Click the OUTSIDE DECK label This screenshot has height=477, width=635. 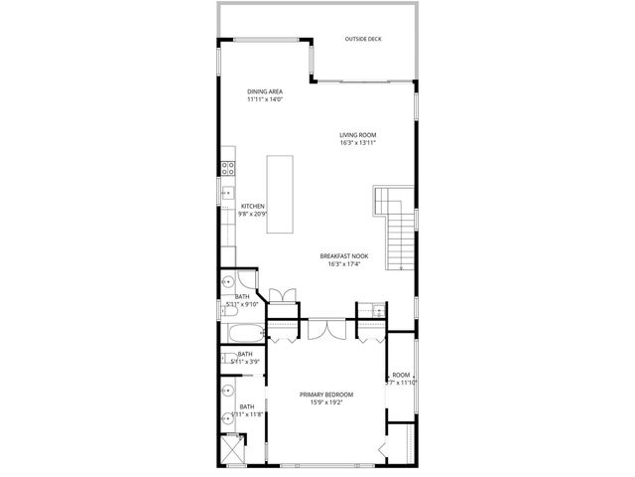click(362, 40)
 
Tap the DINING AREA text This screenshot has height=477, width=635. click(265, 91)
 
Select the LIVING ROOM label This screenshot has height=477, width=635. click(358, 135)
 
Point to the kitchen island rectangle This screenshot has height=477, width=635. click(281, 193)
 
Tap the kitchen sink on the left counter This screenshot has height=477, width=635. click(226, 196)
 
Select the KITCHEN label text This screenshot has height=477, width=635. click(252, 206)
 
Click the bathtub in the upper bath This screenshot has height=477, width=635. click(242, 333)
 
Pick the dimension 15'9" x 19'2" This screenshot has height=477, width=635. click(326, 403)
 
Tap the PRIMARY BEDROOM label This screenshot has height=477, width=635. click(326, 395)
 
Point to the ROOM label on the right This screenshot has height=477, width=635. click(401, 374)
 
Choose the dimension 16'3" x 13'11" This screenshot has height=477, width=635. click(358, 143)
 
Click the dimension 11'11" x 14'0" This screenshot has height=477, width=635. click(265, 99)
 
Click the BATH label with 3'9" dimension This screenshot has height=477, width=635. click(244, 354)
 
